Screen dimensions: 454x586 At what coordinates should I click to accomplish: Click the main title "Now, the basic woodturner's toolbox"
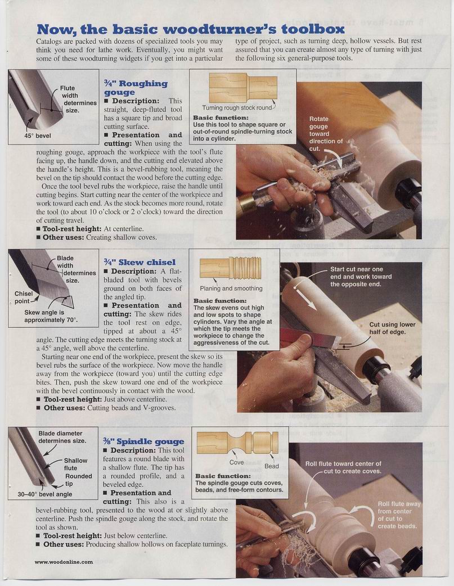coord(190,29)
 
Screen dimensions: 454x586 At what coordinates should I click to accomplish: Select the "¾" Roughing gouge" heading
coord(136,88)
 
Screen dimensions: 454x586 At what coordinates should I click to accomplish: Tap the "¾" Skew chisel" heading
coord(140,263)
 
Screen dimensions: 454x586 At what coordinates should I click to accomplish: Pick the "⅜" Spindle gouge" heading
coord(143,441)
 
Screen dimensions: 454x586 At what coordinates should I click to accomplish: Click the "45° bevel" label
coord(37,136)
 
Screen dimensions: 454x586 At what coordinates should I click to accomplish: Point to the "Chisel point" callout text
coord(24,297)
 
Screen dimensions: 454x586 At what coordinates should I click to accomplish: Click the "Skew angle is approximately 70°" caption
coord(51,316)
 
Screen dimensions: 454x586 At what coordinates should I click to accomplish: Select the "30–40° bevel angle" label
coord(45,494)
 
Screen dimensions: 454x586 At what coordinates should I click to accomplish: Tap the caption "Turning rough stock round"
coord(237,107)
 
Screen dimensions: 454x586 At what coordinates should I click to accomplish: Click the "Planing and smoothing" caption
coord(231,289)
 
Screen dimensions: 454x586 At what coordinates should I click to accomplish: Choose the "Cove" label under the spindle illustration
coord(236,462)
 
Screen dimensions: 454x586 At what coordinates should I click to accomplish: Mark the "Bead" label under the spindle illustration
coord(272,466)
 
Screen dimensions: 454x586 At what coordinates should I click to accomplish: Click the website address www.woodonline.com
coord(64,562)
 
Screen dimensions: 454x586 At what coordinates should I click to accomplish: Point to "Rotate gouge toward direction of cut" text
coord(326,134)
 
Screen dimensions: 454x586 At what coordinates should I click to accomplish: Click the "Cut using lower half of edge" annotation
coord(392,328)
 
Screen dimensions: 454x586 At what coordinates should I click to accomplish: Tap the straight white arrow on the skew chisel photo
coord(306,298)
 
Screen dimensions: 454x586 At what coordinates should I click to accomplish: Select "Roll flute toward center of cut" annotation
coord(343,467)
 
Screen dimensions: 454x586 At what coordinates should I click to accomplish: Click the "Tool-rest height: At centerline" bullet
coord(90,229)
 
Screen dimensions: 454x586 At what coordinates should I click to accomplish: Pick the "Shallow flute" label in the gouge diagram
coord(75,464)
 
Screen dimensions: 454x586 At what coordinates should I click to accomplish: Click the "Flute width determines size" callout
coord(78,99)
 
